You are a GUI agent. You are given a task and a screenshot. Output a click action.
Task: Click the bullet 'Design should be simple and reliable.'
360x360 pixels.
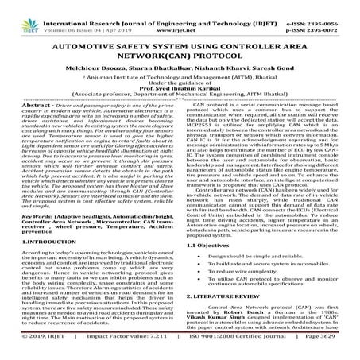[253, 237]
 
